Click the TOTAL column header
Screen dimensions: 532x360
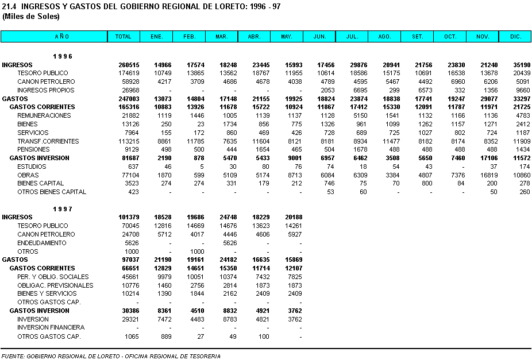click(x=123, y=37)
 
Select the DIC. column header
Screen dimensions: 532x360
click(x=515, y=37)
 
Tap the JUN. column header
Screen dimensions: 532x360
click(x=319, y=37)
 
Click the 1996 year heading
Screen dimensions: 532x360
click(x=63, y=56)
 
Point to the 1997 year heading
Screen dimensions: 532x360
click(x=63, y=209)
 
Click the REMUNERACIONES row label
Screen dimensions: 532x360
click(x=44, y=115)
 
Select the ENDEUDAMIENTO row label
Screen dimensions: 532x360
click(x=42, y=243)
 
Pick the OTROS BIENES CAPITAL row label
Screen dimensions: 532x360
click(x=52, y=192)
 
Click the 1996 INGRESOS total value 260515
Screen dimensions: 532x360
click(x=129, y=65)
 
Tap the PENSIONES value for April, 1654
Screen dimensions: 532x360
click(x=261, y=149)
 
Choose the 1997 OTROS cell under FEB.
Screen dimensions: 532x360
click(x=197, y=251)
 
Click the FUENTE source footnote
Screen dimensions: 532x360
click(x=111, y=356)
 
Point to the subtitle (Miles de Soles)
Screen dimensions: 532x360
click(x=31, y=16)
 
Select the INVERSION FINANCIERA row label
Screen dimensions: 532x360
click(x=51, y=327)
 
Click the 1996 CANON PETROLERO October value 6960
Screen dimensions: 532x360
click(x=456, y=82)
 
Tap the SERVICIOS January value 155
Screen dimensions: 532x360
click(x=166, y=133)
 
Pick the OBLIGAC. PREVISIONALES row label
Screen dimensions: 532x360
click(x=55, y=285)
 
